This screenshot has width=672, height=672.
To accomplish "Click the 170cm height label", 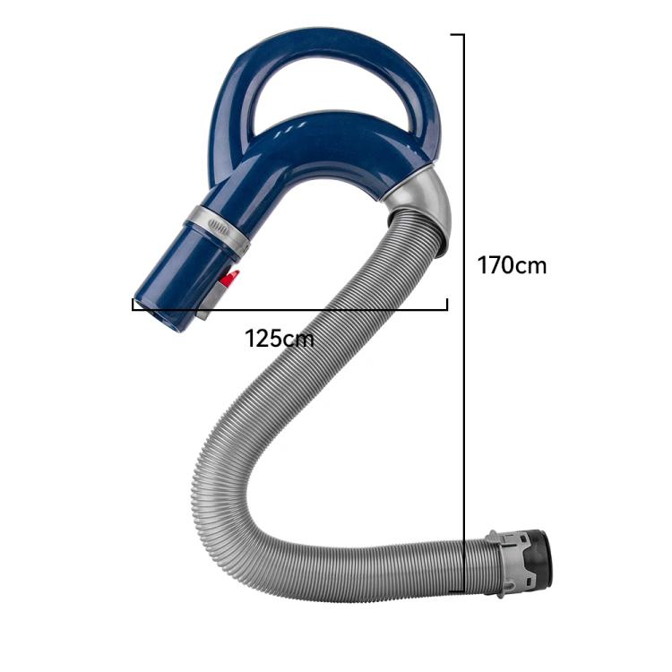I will (x=511, y=266).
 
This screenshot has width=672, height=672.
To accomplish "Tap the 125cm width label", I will (x=280, y=339).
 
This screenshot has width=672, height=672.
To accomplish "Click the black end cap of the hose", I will (x=538, y=559).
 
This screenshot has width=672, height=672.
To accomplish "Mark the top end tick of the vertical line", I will (x=458, y=35).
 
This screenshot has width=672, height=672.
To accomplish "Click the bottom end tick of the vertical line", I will (x=458, y=591).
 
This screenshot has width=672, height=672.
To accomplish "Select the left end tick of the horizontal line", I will (x=134, y=305).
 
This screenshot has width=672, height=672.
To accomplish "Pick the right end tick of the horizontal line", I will (x=446, y=305).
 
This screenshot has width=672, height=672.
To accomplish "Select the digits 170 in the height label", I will (x=495, y=266).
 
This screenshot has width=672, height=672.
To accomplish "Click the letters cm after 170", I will (x=530, y=266).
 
